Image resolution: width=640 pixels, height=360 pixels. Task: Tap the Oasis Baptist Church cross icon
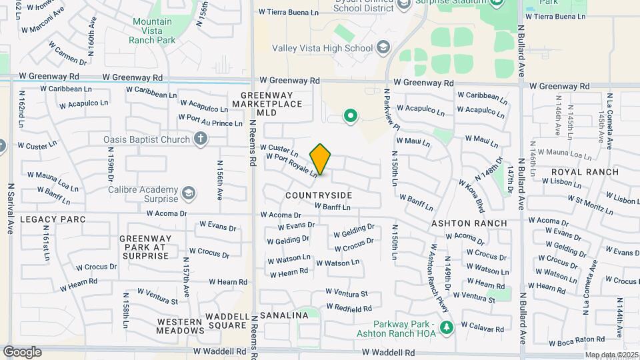199,139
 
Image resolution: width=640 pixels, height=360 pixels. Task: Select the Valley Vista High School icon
383,47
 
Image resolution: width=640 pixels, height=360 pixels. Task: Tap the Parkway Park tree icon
447,326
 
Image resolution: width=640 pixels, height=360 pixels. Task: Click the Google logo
22,352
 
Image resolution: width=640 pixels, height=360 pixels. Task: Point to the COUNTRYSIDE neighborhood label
319,195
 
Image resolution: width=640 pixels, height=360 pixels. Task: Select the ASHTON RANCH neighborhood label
469,223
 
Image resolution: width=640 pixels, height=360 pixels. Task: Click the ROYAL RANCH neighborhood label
585,171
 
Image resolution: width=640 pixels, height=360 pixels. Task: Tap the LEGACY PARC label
43,219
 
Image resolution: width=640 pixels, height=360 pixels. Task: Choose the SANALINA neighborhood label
284,315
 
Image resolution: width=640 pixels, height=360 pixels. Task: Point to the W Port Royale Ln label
291,165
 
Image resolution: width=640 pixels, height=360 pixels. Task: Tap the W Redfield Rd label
349,308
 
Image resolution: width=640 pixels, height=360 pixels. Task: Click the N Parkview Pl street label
391,108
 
